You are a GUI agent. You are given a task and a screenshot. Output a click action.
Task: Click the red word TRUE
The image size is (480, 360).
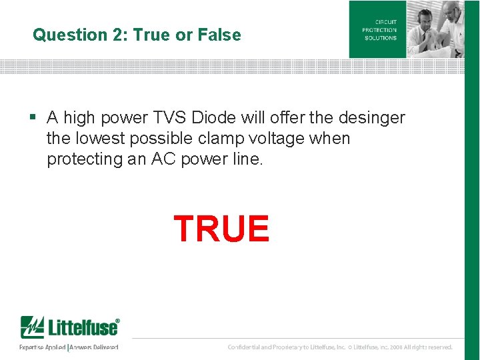pyautogui.click(x=221, y=229)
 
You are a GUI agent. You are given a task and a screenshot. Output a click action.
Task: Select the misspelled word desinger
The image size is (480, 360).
pyautogui.click(x=371, y=118)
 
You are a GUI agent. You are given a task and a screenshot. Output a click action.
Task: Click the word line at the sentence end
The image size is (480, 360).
pyautogui.click(x=246, y=159)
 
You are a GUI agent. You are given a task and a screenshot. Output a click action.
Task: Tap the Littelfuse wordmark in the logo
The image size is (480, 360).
pyautogui.click(x=81, y=328)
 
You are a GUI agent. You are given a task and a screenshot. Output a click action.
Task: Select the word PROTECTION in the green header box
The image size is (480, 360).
pyautogui.click(x=379, y=30)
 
